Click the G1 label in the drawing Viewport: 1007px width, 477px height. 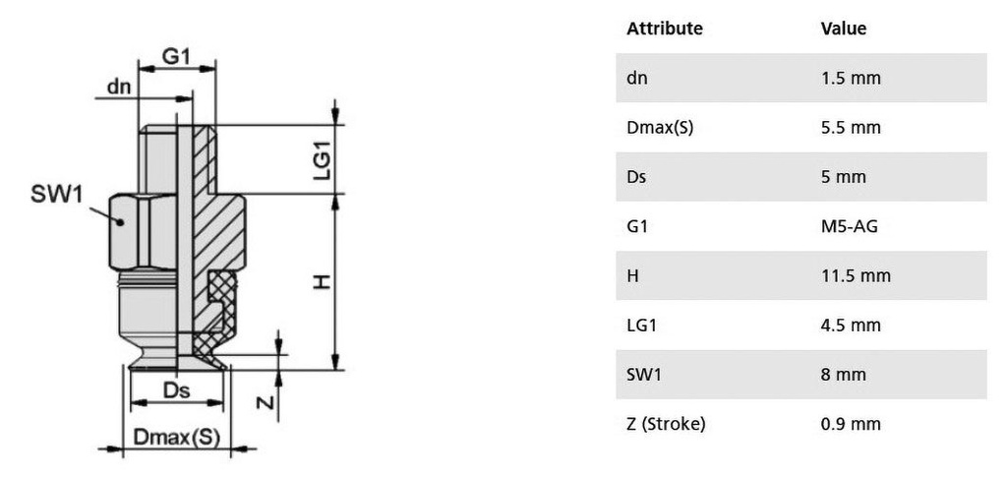coord(176,56)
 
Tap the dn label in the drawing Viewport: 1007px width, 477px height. coord(119,87)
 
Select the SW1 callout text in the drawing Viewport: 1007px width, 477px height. coord(56,194)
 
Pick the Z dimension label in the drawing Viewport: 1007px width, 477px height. coord(266,402)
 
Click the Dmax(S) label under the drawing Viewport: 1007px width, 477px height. coord(177,438)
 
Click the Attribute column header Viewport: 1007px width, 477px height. coord(665,29)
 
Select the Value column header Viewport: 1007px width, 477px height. coord(844,29)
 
